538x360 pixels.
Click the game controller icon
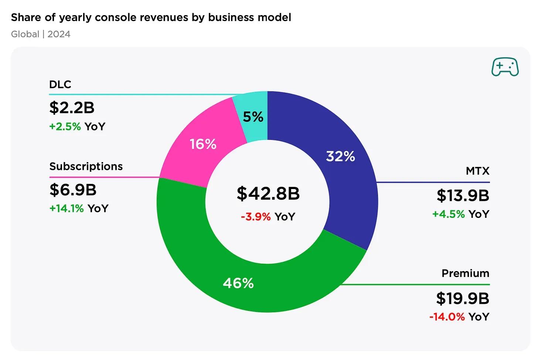point(505,67)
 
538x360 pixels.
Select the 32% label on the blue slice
point(340,156)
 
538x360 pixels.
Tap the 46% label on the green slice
point(238,283)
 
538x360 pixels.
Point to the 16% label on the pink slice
point(203,144)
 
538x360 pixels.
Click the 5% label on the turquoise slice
point(253,117)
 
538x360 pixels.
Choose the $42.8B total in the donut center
point(268,193)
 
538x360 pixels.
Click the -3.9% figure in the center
point(256,216)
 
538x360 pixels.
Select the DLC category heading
point(60,85)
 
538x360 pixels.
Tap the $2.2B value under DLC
point(72,107)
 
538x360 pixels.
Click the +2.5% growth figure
point(65,127)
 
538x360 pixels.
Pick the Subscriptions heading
point(86,167)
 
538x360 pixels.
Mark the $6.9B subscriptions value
point(73,190)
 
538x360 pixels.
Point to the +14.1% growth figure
point(67,209)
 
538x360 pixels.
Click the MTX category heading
point(477,171)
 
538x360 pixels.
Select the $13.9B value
point(463,195)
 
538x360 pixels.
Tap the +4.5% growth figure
point(448,214)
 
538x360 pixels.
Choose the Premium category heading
point(465,273)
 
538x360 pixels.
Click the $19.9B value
point(462,298)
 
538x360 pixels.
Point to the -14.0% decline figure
point(447,317)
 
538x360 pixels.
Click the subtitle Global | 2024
point(41,34)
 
